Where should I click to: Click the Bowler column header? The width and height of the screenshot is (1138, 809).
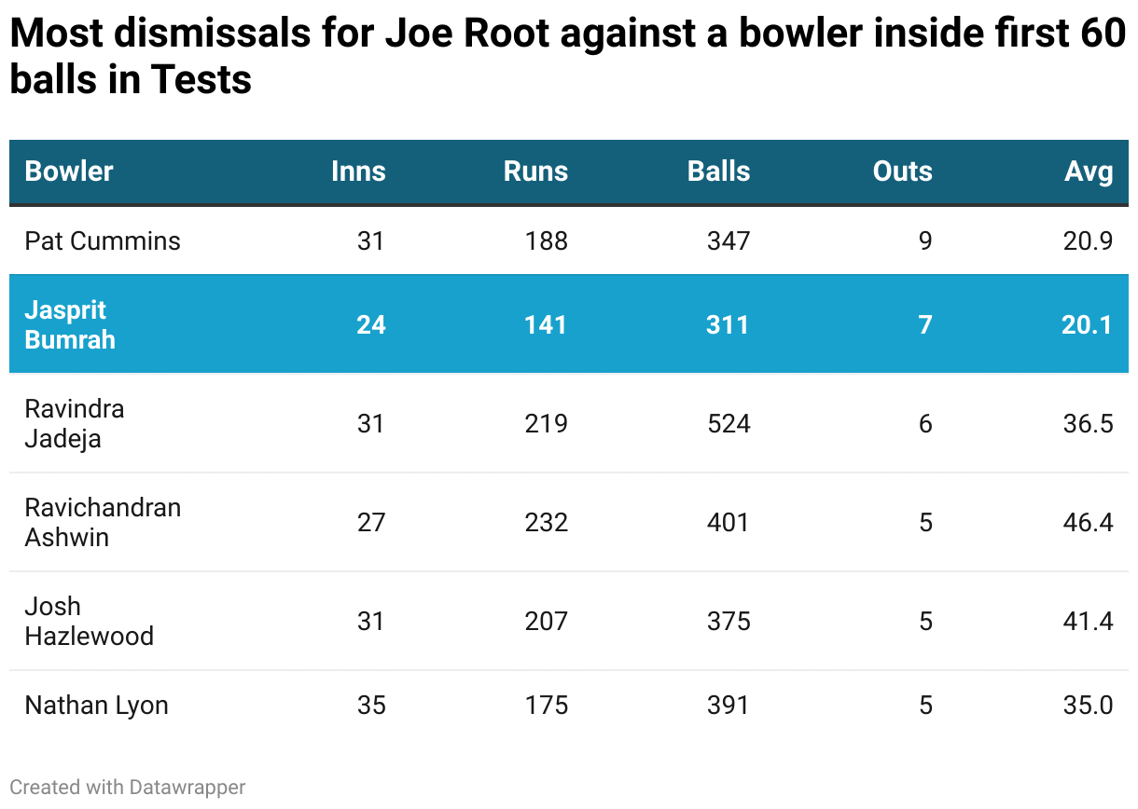[x=69, y=171]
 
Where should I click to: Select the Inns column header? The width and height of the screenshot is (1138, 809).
[x=358, y=171]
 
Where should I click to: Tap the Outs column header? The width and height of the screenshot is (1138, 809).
[x=902, y=171]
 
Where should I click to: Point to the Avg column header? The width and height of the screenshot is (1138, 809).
[x=1089, y=171]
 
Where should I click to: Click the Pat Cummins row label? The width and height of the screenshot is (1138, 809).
[x=103, y=241]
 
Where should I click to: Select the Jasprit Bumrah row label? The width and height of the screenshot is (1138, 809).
[x=70, y=324]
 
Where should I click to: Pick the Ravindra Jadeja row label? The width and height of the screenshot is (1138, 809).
[x=75, y=423]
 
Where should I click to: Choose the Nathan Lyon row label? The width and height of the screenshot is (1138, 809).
[x=96, y=706]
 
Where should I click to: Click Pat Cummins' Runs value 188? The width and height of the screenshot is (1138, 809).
[x=546, y=241]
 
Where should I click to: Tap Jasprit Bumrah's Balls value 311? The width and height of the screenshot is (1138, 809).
[x=728, y=324]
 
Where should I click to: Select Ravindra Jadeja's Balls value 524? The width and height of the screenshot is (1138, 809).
[x=729, y=424]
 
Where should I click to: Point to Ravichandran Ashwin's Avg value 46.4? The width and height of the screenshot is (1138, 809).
[x=1088, y=522]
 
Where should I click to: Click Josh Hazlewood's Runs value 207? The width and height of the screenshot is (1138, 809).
[x=546, y=621]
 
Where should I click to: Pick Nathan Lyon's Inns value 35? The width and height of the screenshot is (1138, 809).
[x=371, y=706]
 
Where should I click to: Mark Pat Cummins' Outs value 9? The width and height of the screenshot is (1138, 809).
[x=925, y=241]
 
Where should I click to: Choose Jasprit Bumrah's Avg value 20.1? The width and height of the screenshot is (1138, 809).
[x=1088, y=324]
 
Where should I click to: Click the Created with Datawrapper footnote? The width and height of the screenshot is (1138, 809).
[x=128, y=788]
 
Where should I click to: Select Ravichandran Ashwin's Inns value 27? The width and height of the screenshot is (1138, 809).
[x=371, y=522]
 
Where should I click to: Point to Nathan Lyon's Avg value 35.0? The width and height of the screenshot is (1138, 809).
[x=1088, y=706]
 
